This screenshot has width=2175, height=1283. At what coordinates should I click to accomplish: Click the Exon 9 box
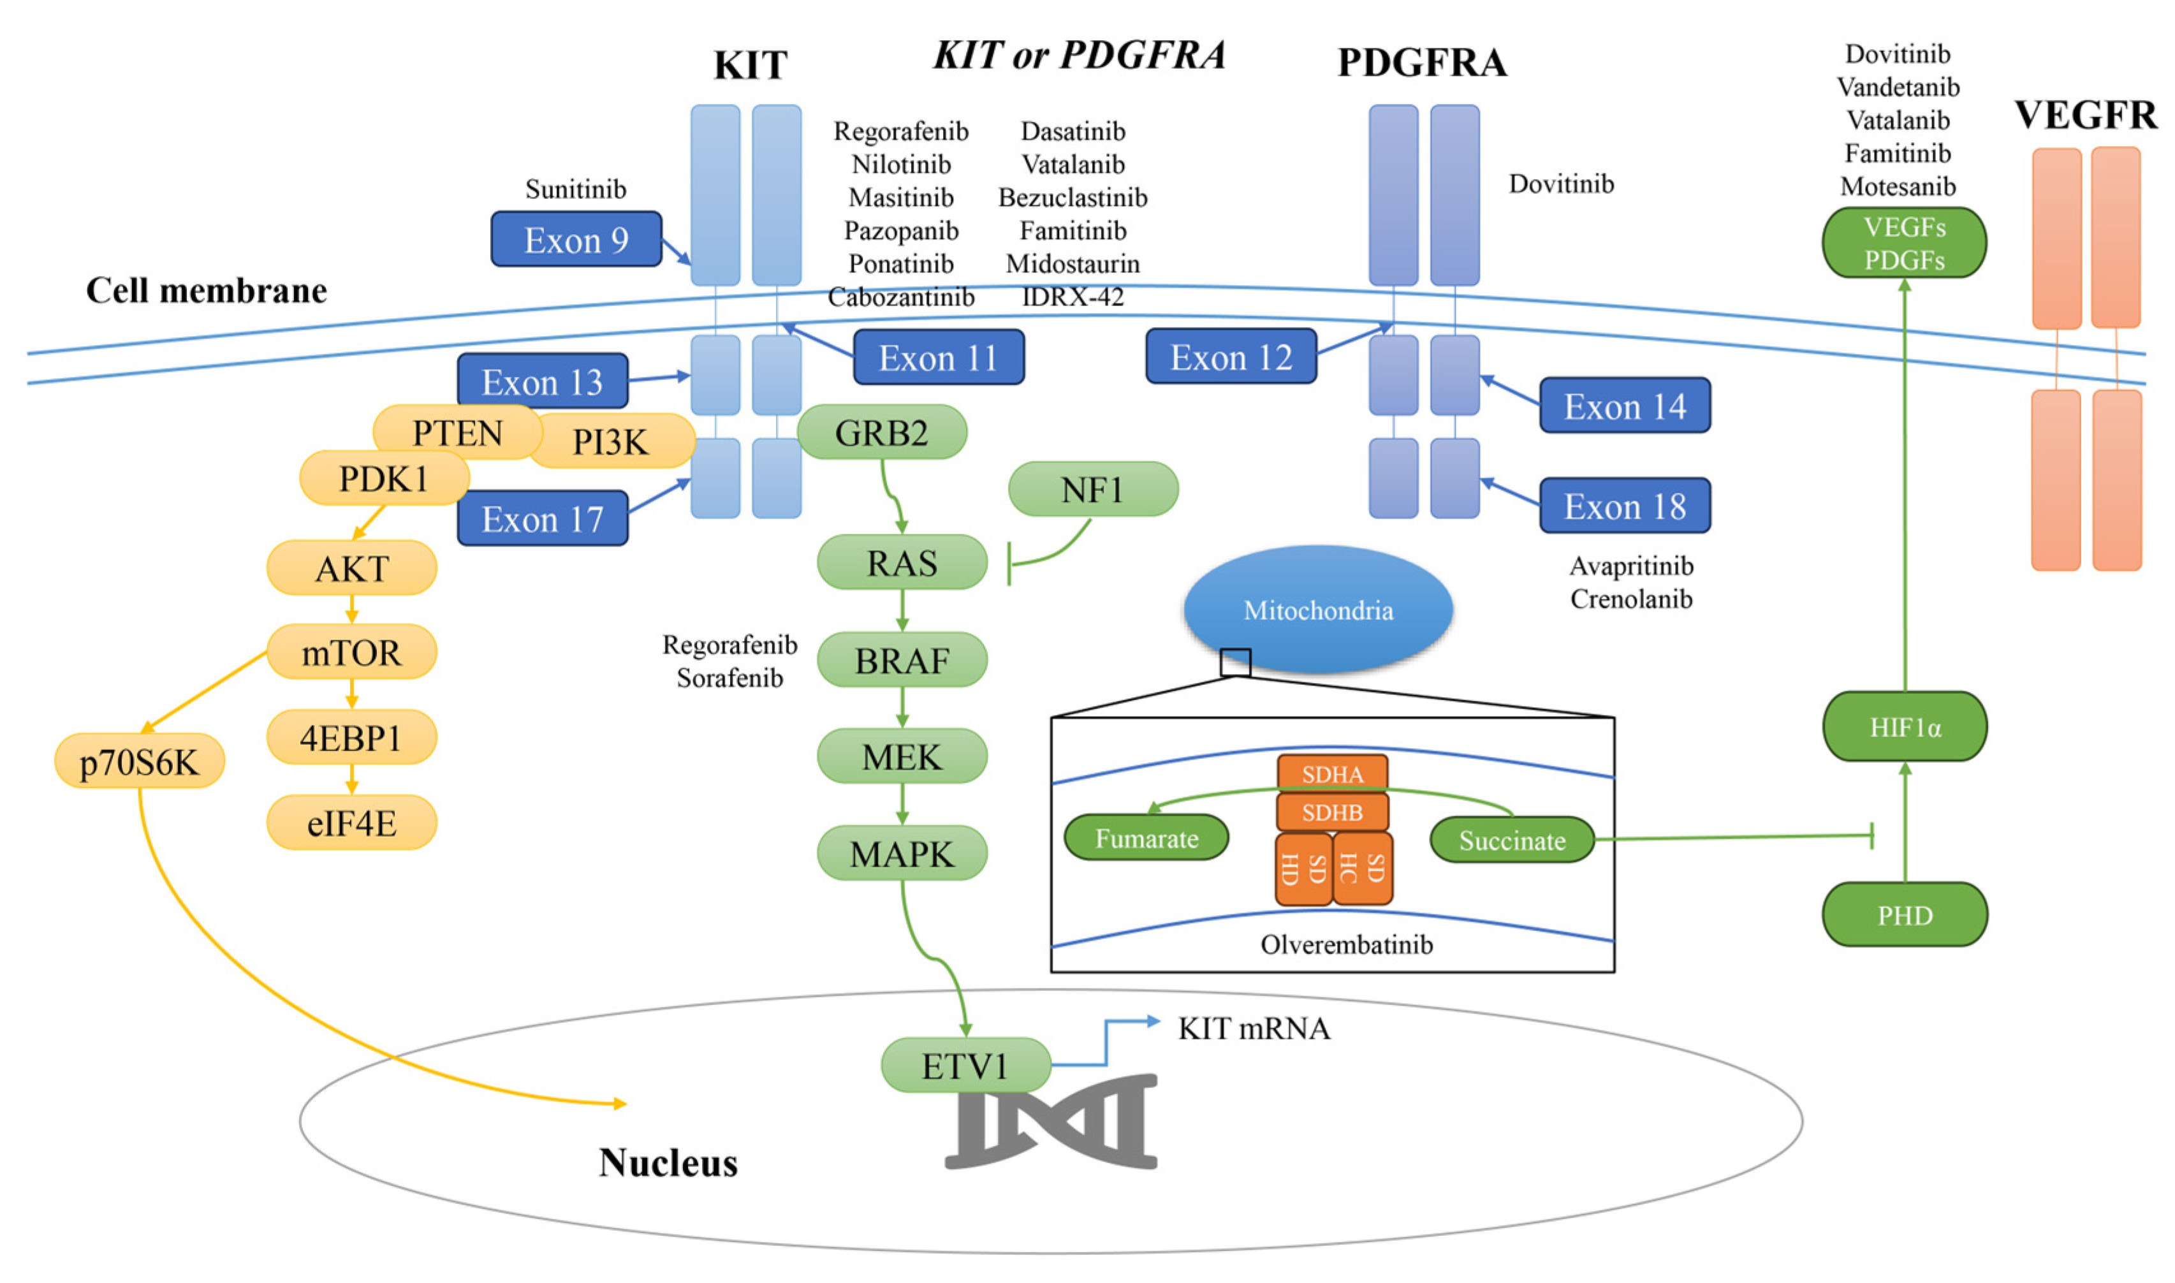pos(576,240)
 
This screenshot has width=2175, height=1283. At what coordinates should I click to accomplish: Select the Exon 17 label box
pos(542,518)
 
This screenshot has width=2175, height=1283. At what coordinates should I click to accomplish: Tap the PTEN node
pos(457,432)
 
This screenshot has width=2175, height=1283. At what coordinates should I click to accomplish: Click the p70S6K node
pos(139,761)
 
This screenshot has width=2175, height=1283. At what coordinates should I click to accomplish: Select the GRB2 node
pos(881,432)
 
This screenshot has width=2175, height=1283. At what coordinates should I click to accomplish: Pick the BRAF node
pos(902,661)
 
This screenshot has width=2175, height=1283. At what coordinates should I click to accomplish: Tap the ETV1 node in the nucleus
pos(965,1065)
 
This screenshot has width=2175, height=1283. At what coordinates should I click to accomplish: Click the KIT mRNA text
pos(1254,1028)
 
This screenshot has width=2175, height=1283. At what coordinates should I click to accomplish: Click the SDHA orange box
pos(1332,773)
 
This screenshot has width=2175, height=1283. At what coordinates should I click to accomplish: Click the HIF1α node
pos(1905,727)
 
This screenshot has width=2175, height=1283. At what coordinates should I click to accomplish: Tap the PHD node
pos(1905,914)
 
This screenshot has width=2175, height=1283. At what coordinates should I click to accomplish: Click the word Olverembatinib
pos(1346,944)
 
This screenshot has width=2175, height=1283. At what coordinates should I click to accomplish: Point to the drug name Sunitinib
pos(576,189)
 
